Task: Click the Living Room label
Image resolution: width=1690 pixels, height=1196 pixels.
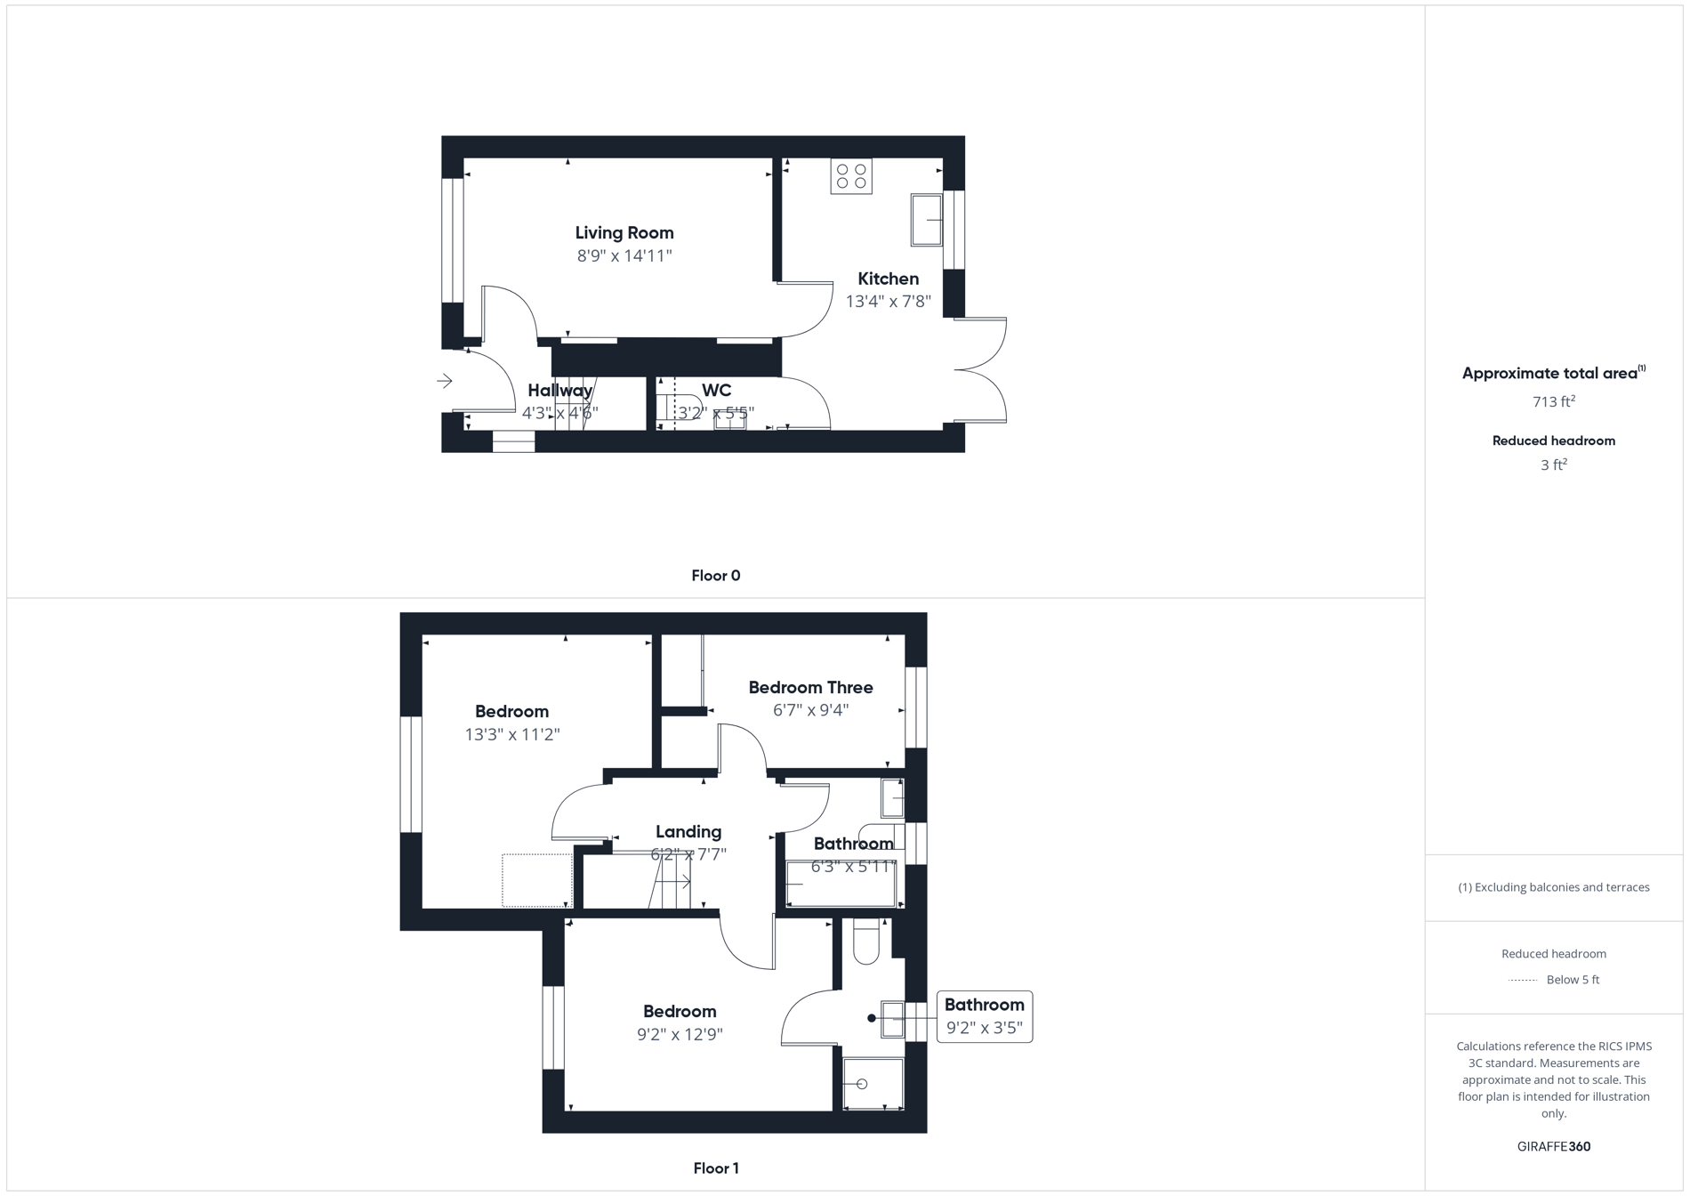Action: [624, 233]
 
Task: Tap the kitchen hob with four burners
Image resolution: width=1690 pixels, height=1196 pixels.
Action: [851, 176]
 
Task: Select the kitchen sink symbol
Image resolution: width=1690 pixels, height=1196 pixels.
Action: [926, 219]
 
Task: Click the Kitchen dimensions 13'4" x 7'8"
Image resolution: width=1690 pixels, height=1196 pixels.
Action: [888, 302]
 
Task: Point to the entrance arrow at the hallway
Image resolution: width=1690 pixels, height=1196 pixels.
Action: [445, 382]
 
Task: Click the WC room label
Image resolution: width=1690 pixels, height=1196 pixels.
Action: [716, 391]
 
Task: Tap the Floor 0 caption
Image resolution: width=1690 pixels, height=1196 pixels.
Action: [715, 576]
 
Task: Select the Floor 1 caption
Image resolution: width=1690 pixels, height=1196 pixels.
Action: [715, 1168]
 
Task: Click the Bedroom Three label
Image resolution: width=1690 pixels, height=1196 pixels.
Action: [810, 688]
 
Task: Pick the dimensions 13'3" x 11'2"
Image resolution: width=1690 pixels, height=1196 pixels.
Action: [511, 735]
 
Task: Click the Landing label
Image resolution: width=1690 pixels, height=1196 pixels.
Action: [688, 832]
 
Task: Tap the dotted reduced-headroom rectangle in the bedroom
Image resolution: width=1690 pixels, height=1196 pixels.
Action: [536, 880]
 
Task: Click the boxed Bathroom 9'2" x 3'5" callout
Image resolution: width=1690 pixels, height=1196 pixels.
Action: [984, 1016]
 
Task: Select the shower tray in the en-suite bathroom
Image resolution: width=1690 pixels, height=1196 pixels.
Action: [873, 1084]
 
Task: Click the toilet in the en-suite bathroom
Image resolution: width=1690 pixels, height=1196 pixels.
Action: [865, 943]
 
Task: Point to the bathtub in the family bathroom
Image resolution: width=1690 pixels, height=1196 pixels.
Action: [841, 885]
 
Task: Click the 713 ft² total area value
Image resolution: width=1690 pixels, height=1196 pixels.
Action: [1553, 402]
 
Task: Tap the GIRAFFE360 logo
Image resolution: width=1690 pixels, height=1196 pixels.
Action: [1553, 1146]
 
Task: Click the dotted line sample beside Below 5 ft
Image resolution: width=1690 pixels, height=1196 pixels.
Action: [1523, 981]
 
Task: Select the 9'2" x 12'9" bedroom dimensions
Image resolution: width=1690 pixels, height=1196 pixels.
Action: [680, 1035]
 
